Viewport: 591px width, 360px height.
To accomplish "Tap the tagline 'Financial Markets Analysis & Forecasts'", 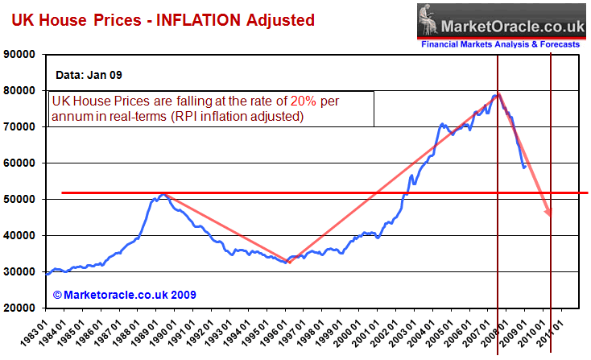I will pos(499,44).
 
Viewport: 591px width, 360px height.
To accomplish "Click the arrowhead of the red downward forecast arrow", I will pos(550,213).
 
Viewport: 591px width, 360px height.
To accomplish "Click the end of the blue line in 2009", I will pos(524,168).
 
